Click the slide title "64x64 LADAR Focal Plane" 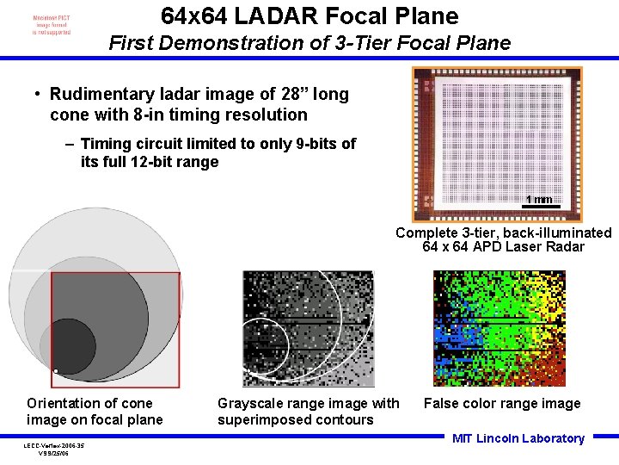[309, 15]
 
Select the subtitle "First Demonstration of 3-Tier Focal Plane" [309, 42]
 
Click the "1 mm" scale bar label [539, 200]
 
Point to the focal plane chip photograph [496, 142]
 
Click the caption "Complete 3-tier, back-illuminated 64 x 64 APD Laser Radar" [504, 239]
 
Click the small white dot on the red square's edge [54, 371]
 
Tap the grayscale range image [309, 328]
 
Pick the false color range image [499, 328]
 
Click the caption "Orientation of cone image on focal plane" [94, 412]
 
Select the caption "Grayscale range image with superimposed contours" [308, 412]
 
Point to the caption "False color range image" [501, 403]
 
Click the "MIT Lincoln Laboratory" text [518, 438]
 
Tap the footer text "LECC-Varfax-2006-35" [54, 445]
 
